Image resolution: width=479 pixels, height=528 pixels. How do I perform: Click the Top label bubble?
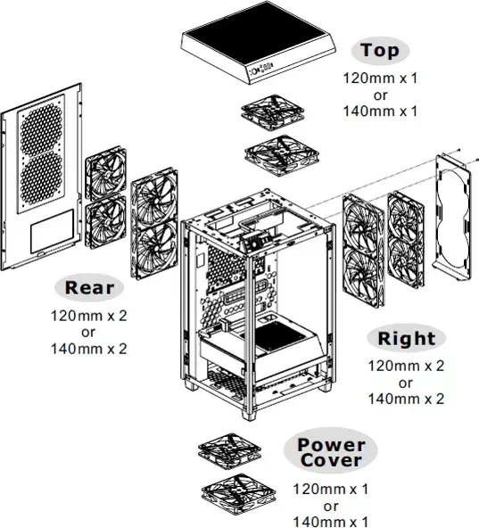(x=380, y=51)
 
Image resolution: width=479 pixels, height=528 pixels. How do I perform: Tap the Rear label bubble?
(x=89, y=287)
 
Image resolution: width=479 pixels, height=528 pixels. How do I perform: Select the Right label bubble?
(x=406, y=338)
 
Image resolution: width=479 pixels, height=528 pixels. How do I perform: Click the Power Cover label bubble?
(x=330, y=451)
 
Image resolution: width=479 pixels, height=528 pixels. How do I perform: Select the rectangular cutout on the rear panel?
(x=53, y=231)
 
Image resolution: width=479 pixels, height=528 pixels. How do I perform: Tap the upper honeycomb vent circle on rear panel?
(x=41, y=129)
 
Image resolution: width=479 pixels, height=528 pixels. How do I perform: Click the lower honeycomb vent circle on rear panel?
(x=41, y=179)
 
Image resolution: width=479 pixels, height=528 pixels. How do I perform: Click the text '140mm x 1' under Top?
(x=380, y=111)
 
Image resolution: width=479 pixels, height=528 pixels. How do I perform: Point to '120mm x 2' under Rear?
(x=89, y=316)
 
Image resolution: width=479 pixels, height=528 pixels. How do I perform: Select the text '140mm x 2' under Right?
(x=406, y=399)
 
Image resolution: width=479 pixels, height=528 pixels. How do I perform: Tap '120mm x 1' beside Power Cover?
(x=331, y=489)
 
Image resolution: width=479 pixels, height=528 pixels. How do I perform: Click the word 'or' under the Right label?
(x=406, y=383)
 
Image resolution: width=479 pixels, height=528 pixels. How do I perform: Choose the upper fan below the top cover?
(x=273, y=112)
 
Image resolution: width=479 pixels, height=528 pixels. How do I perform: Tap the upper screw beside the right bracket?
(x=458, y=150)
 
